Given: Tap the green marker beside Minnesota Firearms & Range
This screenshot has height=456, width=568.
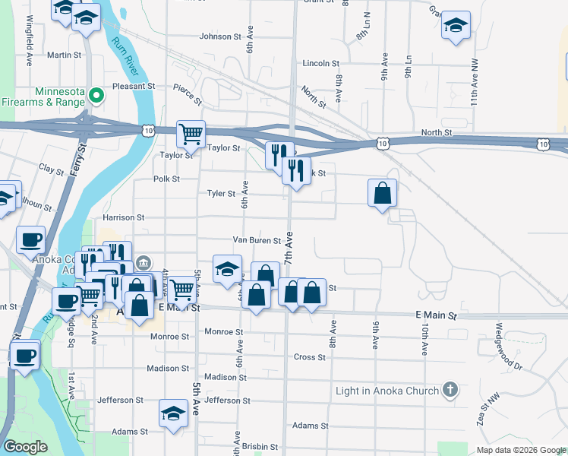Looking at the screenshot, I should coord(96,96).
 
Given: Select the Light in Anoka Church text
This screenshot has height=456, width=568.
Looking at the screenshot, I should coord(387,391).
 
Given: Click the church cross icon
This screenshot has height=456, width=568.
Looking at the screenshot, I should coord(450,391).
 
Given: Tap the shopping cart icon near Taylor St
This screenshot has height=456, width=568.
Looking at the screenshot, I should coord(191,135).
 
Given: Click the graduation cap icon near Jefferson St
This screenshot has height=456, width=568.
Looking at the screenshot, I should coord(173,414).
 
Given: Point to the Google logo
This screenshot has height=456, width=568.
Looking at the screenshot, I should coord(25,447).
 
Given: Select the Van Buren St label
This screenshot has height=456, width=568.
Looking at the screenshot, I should coord(257,240).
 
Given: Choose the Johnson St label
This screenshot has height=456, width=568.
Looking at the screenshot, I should coord(219,36).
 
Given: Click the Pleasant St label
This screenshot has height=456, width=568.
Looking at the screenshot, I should coord(134,87).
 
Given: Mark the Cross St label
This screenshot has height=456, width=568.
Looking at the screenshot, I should coord(310,357).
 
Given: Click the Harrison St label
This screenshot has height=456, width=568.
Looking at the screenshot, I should coord(123,217).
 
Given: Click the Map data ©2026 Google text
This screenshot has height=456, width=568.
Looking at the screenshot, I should coord(520,450).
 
